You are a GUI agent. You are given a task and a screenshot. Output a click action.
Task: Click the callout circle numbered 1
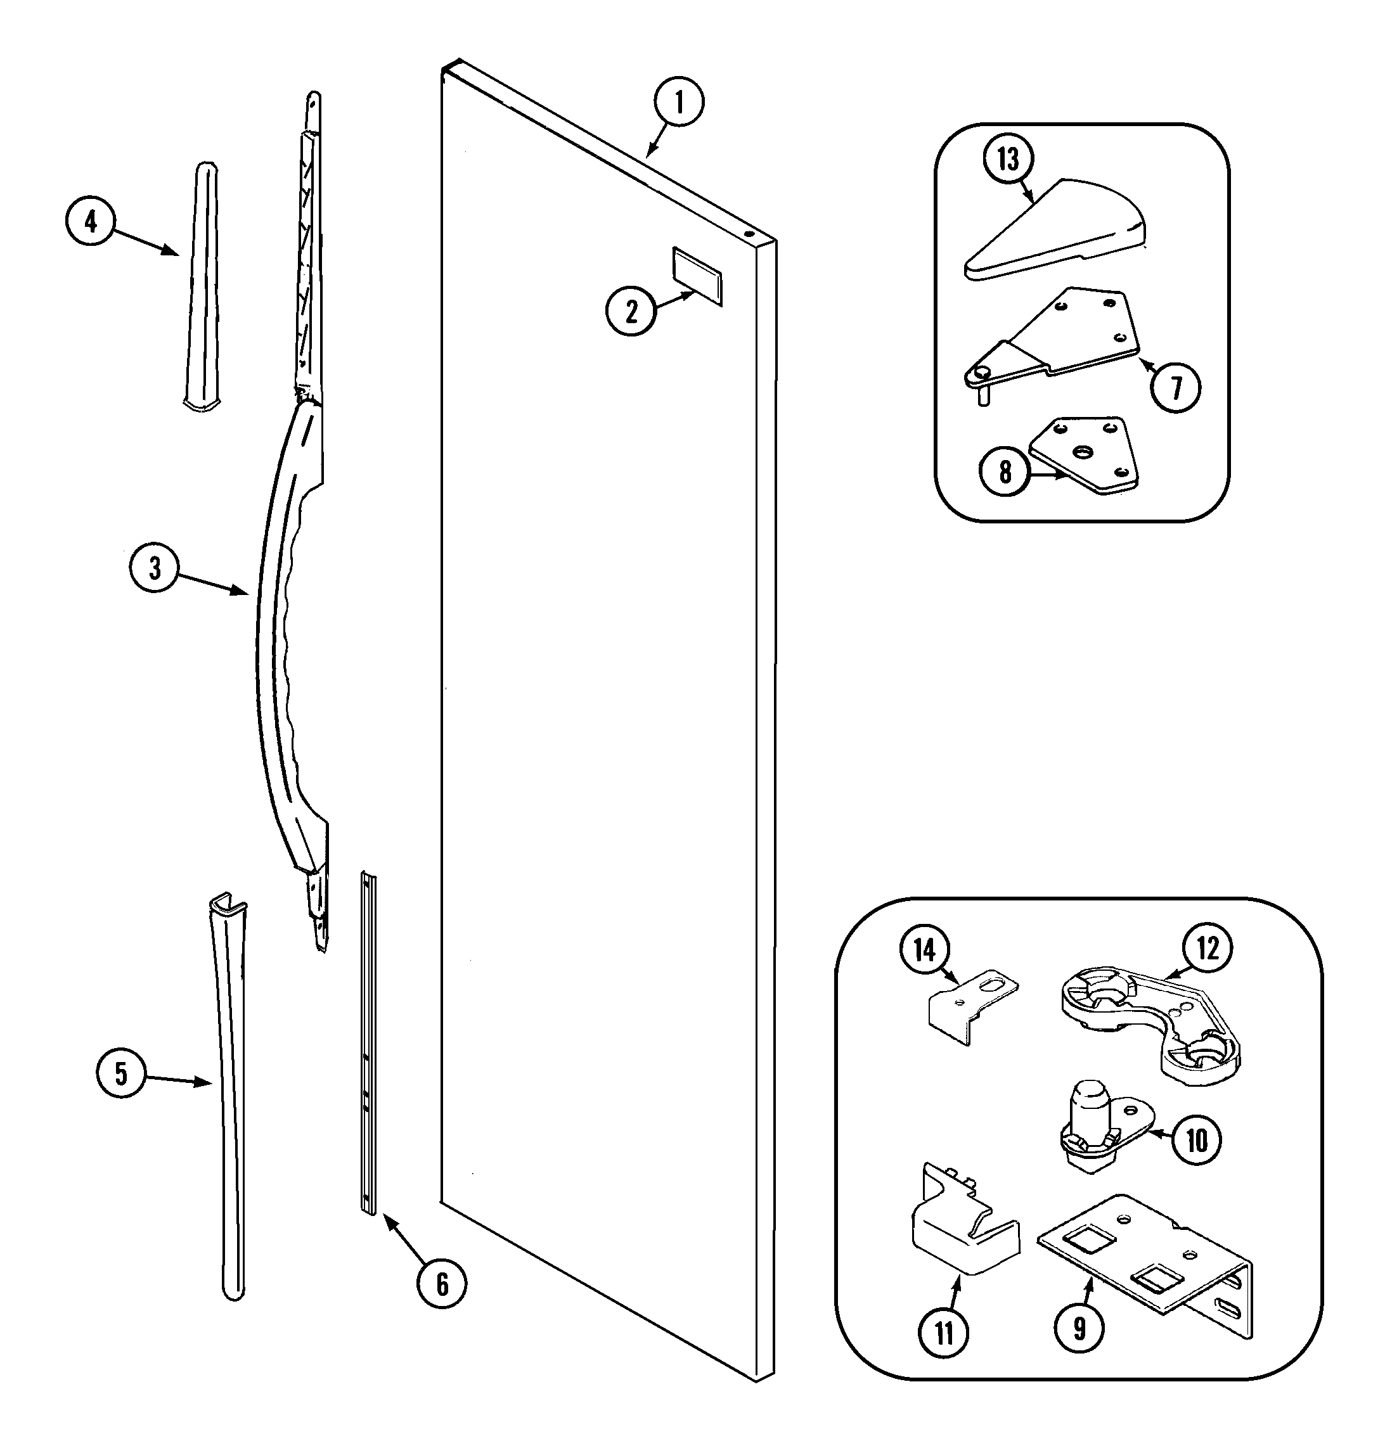[x=678, y=102]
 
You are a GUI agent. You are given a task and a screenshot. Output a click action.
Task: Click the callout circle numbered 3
[x=154, y=568]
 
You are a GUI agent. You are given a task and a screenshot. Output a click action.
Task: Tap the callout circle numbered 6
[x=441, y=1284]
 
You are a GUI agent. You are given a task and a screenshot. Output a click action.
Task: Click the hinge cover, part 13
[x=1056, y=229]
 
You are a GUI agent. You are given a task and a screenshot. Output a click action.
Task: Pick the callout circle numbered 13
[x=1008, y=158]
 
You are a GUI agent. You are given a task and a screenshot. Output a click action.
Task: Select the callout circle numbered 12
[x=1208, y=947]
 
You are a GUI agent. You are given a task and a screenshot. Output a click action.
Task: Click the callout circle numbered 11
[x=944, y=1333]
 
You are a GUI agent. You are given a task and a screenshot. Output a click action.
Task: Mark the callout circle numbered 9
[x=1079, y=1328]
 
